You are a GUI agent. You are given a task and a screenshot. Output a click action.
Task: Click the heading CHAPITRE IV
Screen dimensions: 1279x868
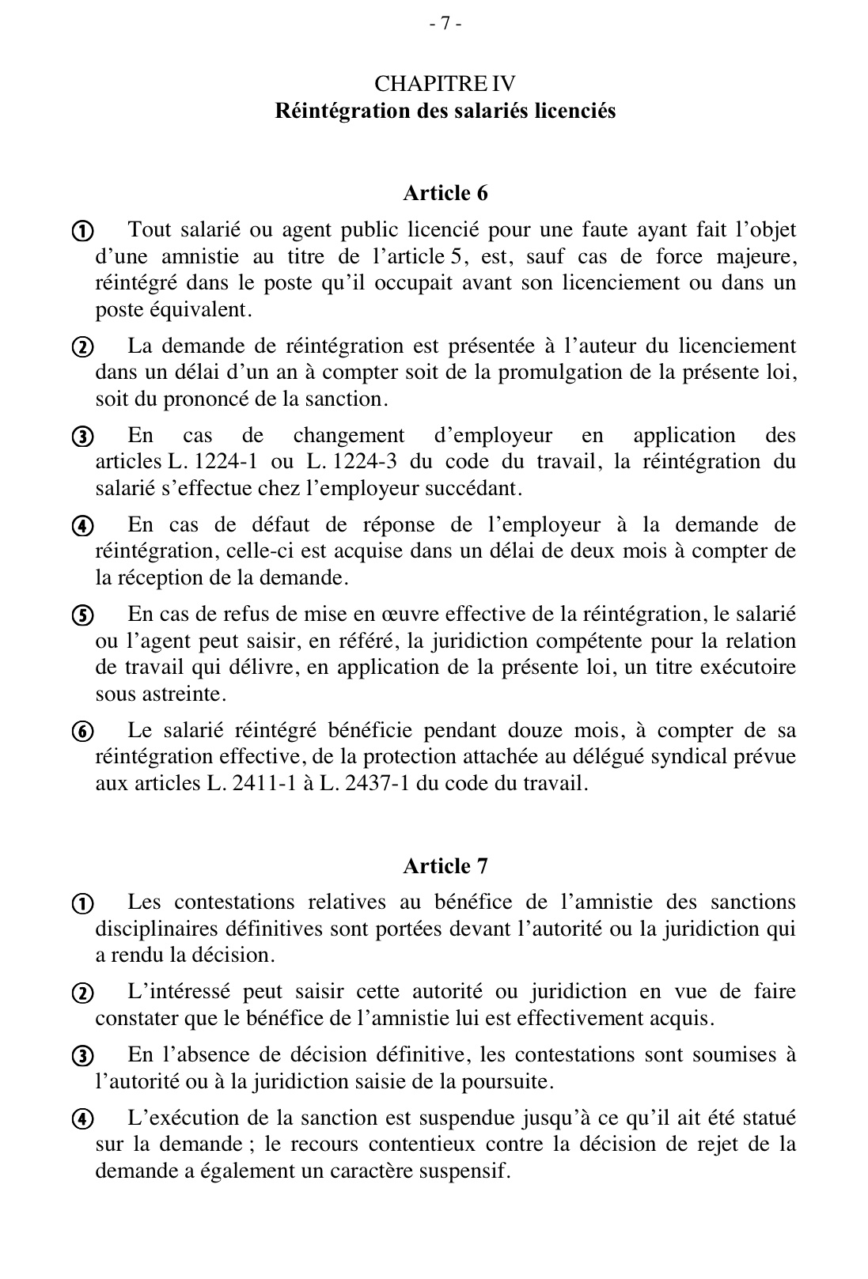pyautogui.click(x=445, y=84)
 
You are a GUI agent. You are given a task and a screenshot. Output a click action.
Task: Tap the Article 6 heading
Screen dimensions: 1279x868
pyautogui.click(x=445, y=193)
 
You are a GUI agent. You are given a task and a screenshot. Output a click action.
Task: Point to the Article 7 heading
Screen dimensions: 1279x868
pyautogui.click(x=445, y=866)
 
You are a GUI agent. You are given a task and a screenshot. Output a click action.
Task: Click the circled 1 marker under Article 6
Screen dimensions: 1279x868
pyautogui.click(x=82, y=232)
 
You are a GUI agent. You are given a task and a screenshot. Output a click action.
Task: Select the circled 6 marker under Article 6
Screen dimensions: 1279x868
pyautogui.click(x=82, y=732)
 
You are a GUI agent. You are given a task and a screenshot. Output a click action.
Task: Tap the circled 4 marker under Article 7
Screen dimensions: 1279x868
pyautogui.click(x=82, y=1119)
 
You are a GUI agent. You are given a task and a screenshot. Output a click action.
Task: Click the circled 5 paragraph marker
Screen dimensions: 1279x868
pyautogui.click(x=82, y=615)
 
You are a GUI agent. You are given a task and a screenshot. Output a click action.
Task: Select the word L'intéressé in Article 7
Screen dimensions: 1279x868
pyautogui.click(x=179, y=992)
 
